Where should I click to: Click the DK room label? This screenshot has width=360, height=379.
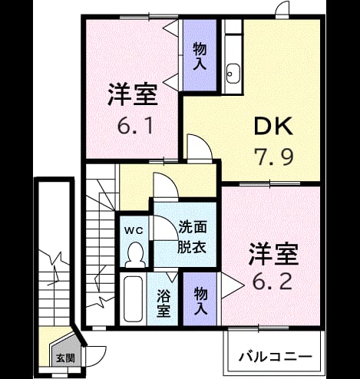273,126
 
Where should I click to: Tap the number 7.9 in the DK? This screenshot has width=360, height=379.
273,157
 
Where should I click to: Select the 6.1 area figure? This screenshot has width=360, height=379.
136,126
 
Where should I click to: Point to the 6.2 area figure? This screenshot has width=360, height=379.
272,281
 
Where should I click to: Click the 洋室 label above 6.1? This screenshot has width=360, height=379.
133,94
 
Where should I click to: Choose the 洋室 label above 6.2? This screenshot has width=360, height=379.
274,254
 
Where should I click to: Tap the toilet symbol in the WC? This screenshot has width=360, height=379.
134,255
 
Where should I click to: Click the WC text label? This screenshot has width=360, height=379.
134,231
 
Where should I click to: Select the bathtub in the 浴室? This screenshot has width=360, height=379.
133,298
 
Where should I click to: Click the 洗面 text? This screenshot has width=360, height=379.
193,226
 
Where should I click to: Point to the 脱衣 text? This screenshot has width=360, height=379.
192,247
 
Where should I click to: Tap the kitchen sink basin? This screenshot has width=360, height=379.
233,74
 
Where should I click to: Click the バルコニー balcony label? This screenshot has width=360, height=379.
276,357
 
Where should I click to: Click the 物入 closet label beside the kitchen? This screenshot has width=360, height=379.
200,56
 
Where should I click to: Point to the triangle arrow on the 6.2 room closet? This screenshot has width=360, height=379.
232,285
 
